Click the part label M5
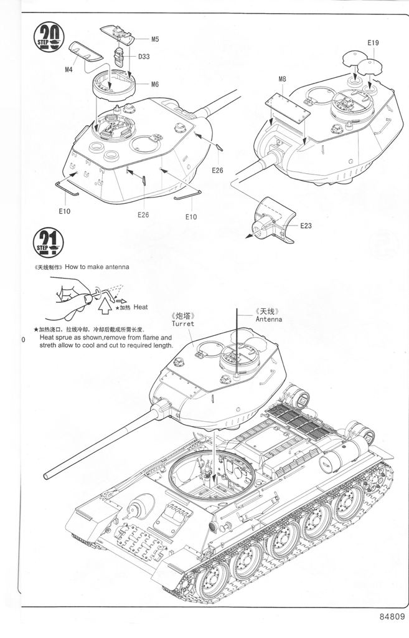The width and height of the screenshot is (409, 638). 154,39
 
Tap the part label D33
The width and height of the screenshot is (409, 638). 143,57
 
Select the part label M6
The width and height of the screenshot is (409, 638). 154,84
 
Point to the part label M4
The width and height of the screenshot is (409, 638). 68,69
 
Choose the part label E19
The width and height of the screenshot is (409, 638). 373,42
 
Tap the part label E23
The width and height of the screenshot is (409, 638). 305,226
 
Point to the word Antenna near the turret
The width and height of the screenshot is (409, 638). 268,319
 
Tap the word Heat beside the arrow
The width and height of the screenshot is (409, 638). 141,307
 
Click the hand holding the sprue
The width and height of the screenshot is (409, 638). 70,293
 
